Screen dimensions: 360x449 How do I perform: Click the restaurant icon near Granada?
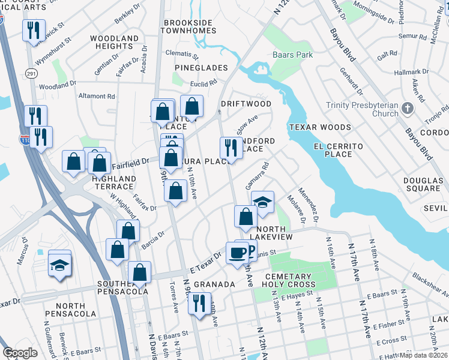(x=199, y=303)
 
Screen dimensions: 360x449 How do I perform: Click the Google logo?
(x=20, y=353)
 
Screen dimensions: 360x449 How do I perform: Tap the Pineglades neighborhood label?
(x=201, y=68)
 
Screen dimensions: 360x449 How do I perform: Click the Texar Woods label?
(x=319, y=127)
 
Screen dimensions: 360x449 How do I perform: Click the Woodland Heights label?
(x=114, y=42)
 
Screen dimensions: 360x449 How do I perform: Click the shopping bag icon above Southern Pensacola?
(x=139, y=273)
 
